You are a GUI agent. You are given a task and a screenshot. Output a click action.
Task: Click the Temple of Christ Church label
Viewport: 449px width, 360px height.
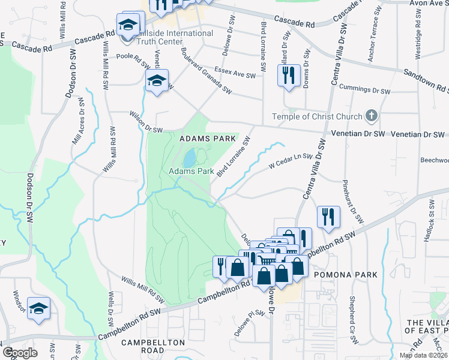(318, 116)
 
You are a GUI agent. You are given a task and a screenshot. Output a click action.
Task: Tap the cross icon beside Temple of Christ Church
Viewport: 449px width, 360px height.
(372, 116)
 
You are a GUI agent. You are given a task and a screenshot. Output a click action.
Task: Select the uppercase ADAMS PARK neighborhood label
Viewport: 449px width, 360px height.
(208, 139)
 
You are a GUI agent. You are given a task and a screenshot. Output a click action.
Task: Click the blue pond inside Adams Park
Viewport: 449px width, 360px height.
(189, 159)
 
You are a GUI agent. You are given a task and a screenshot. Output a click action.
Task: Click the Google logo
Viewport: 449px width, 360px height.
(20, 352)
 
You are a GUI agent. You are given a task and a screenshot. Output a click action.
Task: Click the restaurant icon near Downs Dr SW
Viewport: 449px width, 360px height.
(289, 75)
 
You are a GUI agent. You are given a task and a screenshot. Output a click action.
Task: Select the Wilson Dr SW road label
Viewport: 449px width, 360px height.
(146, 121)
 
